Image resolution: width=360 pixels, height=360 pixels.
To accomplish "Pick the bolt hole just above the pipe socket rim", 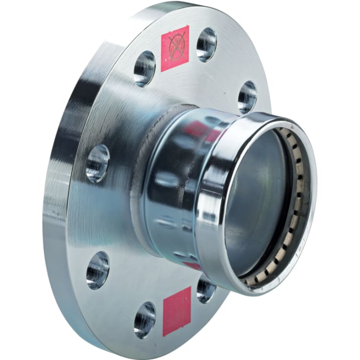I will pos(247,97).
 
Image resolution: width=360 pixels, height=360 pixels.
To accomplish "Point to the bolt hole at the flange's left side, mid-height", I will pos(97,164).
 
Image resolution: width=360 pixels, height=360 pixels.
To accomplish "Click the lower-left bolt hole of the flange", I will pos(97,270).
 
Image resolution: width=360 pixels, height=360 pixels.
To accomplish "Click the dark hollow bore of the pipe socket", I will pos(255,196).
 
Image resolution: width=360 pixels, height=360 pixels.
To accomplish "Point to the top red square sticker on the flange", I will pos(175,48).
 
